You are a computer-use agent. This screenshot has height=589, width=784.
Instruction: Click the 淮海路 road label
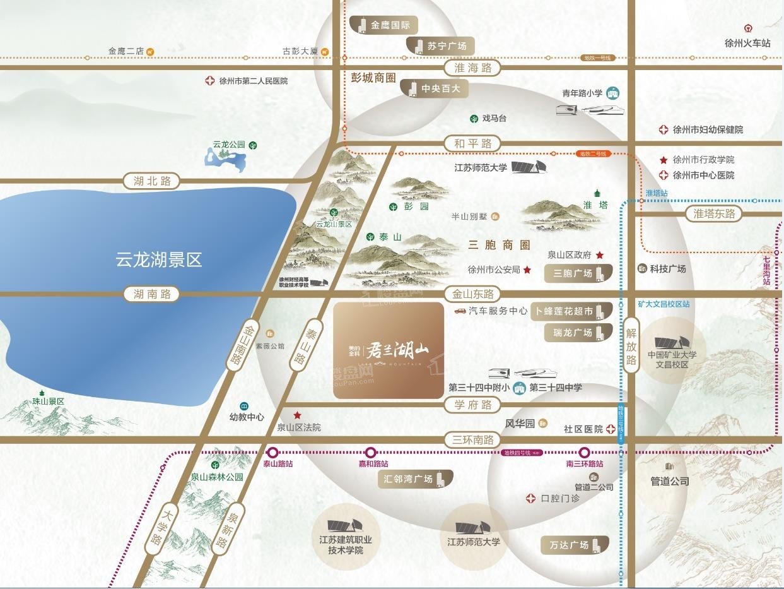pyautogui.click(x=472, y=68)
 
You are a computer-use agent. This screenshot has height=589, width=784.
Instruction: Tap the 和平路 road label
pyautogui.click(x=472, y=143)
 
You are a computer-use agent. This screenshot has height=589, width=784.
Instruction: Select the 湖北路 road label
pyautogui.click(x=152, y=181)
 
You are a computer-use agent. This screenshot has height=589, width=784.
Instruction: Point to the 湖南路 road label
pyautogui.click(x=152, y=294)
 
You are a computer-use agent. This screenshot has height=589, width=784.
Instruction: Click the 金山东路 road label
pyautogui.click(x=472, y=294)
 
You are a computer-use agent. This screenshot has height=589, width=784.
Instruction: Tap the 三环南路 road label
pyautogui.click(x=472, y=440)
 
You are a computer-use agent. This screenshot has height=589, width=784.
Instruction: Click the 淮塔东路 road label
pyautogui.click(x=714, y=213)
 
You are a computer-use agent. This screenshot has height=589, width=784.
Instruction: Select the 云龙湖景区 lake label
pyautogui.click(x=158, y=259)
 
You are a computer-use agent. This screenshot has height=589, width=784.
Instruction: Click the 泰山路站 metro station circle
pyautogui.click(x=273, y=452)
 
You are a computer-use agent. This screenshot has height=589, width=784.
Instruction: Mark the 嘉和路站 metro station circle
pyautogui.click(x=371, y=452)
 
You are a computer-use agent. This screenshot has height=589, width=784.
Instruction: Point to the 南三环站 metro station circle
pyautogui.click(x=585, y=452)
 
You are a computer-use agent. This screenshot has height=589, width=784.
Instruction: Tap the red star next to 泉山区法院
pyautogui.click(x=297, y=415)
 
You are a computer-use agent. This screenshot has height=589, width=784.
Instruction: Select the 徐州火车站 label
pyautogui.click(x=747, y=43)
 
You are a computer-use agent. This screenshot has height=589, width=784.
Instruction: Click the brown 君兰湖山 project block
pyautogui.click(x=388, y=350)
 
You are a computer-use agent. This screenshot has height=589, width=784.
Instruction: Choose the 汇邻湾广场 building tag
pyautogui.click(x=413, y=479)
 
